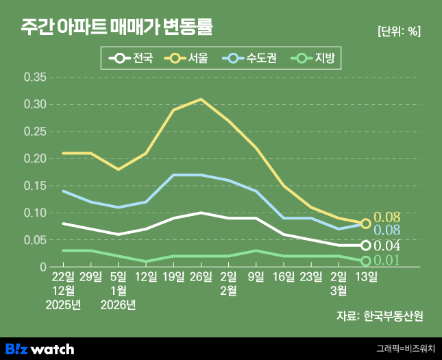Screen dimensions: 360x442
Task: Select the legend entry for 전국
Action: (134, 58)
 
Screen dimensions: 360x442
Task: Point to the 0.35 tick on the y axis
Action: (35, 77)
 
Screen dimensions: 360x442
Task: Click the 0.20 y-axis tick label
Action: (35, 158)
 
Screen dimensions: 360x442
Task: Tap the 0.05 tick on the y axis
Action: (35, 240)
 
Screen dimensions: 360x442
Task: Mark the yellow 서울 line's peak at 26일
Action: (201, 99)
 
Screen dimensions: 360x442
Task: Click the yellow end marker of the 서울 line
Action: (366, 224)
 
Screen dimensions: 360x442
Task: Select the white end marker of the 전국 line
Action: (366, 245)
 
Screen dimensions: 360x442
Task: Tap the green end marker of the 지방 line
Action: (366, 261)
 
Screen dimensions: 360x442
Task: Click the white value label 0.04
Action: (386, 245)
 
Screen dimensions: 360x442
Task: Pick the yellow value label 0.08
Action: (386, 217)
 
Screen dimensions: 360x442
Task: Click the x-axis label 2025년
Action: (63, 304)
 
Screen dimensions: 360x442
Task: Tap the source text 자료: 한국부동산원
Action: (380, 316)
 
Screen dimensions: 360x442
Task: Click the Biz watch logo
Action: (40, 349)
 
